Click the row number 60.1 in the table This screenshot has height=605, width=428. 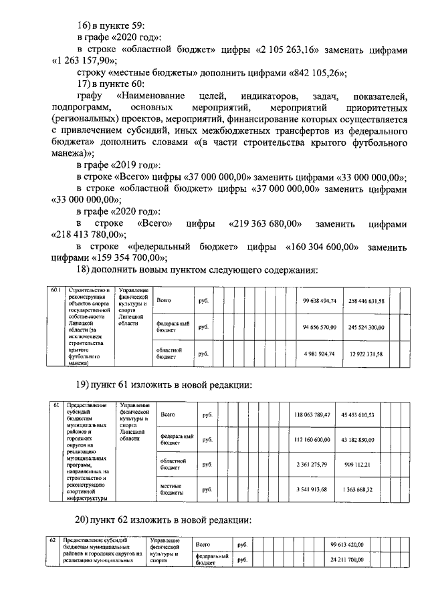[x=56, y=290]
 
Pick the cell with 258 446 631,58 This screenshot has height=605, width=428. [x=366, y=301]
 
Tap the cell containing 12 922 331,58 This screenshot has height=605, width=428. [x=366, y=353]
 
